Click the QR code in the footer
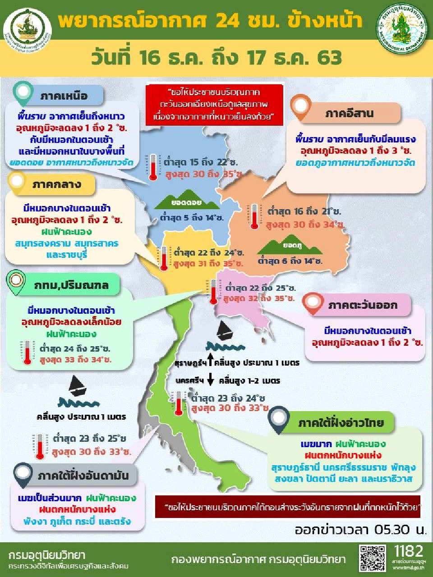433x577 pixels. [x=373, y=559]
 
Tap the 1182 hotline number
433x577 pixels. [x=409, y=551]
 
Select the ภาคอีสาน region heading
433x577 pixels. [x=350, y=113]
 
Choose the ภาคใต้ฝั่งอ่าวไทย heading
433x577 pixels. [x=341, y=422]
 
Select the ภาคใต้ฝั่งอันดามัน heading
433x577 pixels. [x=83, y=476]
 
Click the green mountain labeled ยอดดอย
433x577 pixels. [x=186, y=203]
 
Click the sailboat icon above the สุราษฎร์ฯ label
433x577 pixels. [x=224, y=331]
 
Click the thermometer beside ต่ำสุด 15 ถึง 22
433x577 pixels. [x=153, y=167]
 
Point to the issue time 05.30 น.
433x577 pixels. [x=361, y=530]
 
